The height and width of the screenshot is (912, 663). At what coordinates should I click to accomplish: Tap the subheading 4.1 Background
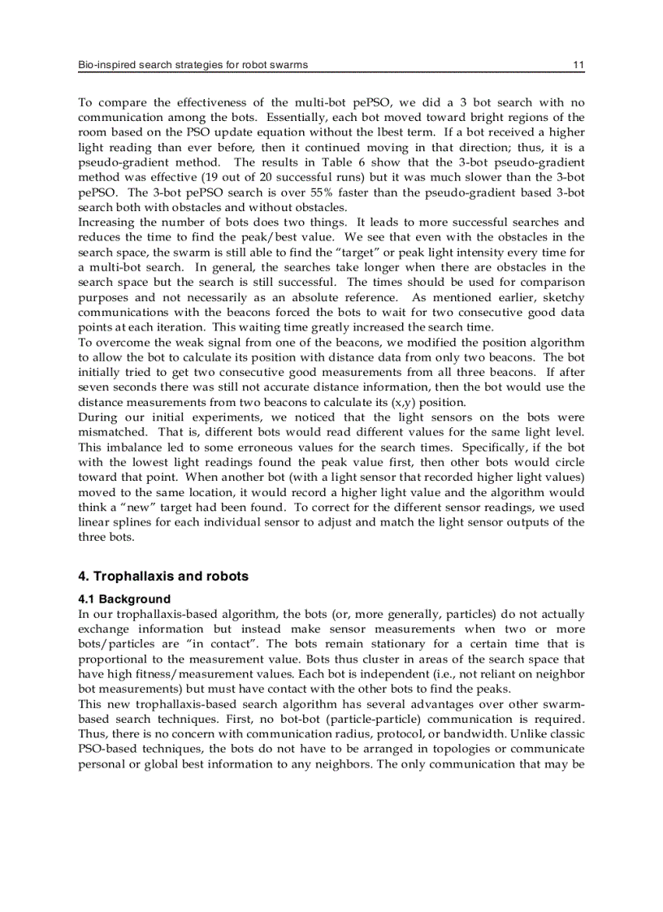124,599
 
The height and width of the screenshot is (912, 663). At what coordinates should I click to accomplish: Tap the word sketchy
564,297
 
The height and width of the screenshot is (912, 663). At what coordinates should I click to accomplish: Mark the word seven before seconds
94,387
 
